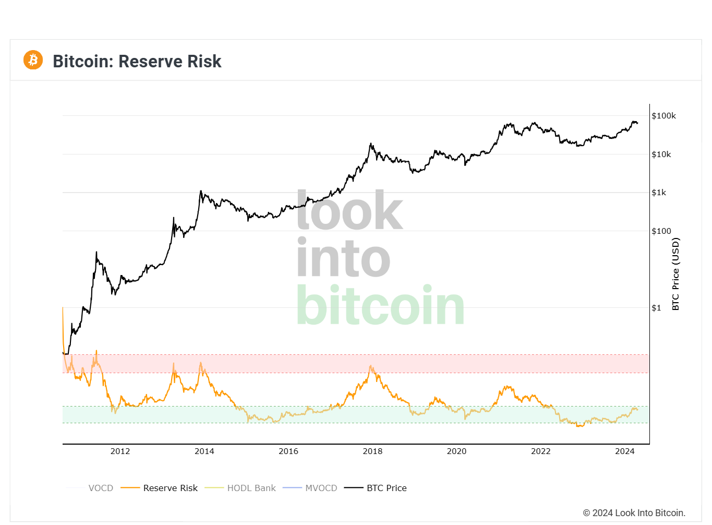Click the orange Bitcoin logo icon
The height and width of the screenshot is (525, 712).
(33, 60)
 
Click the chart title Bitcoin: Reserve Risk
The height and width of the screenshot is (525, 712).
(137, 61)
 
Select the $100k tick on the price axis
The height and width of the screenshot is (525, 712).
(663, 116)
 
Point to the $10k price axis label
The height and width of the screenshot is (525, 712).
(661, 154)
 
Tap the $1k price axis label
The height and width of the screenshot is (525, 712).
(659, 193)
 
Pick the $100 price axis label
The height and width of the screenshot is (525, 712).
(661, 231)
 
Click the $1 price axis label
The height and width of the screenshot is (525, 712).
(656, 308)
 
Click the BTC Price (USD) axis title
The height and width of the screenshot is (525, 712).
(675, 274)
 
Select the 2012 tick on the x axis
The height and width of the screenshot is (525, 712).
(120, 451)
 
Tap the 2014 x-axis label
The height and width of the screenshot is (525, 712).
(204, 451)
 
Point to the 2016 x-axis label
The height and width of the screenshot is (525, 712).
(288, 451)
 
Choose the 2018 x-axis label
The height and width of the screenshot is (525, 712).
(372, 451)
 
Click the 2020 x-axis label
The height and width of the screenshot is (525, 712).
(456, 451)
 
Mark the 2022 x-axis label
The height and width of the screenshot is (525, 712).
(540, 451)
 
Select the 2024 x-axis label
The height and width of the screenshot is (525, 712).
(624, 451)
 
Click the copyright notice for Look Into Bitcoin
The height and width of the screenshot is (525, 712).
(634, 513)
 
